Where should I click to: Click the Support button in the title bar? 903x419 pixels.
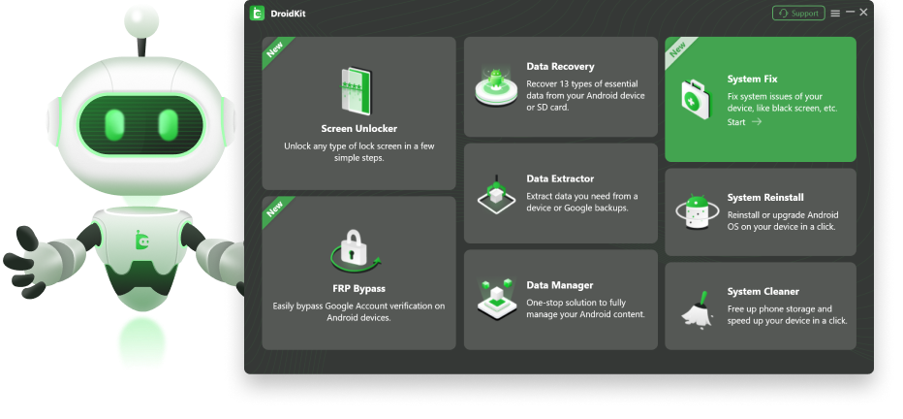[798, 14]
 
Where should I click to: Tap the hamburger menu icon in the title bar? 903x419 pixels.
[835, 14]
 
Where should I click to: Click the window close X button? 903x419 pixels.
[863, 12]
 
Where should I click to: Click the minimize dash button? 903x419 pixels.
[850, 12]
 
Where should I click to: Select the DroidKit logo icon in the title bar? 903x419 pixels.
[257, 14]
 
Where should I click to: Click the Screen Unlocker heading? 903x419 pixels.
[359, 129]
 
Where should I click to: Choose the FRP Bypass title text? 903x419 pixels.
[358, 289]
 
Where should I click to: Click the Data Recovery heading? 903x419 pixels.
[560, 67]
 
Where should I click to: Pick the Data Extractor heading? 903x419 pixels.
[560, 178]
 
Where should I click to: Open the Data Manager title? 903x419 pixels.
[560, 285]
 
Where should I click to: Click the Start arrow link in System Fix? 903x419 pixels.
[745, 122]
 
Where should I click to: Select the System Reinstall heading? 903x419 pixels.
[765, 198]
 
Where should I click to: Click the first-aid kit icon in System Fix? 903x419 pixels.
[697, 99]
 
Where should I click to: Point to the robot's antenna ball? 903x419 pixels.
[141, 22]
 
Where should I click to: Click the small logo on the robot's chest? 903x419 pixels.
[141, 240]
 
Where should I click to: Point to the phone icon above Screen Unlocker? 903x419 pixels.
[357, 91]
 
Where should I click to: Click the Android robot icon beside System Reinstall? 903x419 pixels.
[698, 212]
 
